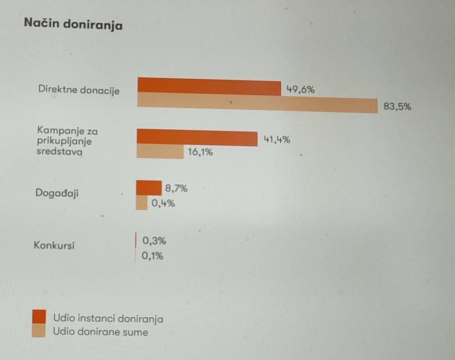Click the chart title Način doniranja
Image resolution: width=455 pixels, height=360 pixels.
[73, 24]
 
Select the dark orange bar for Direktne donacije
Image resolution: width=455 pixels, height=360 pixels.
[209, 86]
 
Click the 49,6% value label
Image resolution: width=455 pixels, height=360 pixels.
[300, 90]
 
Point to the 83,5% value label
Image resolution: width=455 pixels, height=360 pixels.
[397, 107]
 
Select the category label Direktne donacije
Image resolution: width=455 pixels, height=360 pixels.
[79, 90]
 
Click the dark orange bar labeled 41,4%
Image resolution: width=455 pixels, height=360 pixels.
[197, 137]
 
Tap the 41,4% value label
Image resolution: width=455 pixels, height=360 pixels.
[277, 140]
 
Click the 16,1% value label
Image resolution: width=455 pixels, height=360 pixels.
[200, 152]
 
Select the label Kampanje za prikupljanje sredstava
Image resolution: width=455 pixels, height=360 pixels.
[67, 142]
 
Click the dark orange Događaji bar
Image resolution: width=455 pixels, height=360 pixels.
[149, 188]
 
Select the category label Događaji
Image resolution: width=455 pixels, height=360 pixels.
[57, 193]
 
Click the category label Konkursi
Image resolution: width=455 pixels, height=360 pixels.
[54, 246]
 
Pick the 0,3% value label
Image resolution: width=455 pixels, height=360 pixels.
[154, 241]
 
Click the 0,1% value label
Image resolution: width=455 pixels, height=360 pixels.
[152, 256]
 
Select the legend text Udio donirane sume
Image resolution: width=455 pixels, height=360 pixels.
[101, 332]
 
